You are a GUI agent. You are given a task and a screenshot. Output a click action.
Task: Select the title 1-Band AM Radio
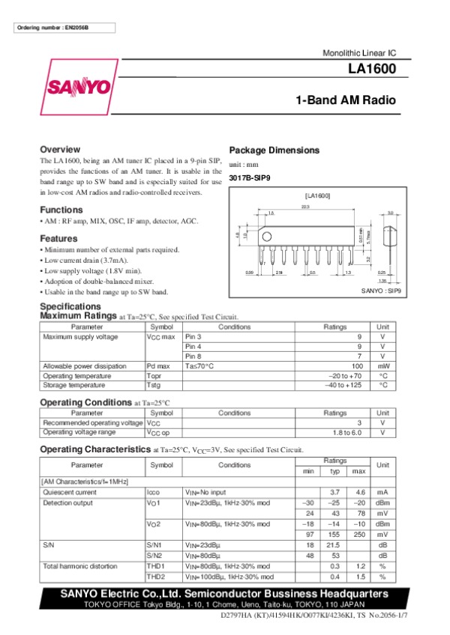[x=346, y=100]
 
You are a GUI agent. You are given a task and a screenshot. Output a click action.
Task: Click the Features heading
[x=59, y=238]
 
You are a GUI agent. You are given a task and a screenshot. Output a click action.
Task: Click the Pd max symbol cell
[x=158, y=365]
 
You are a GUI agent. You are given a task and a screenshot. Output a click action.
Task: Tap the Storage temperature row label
[x=73, y=385]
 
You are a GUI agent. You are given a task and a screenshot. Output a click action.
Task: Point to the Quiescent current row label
[x=70, y=492]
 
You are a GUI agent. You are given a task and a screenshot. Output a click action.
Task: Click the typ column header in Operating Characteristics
[x=334, y=470]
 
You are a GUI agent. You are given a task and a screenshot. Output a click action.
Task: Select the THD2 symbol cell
[x=156, y=577]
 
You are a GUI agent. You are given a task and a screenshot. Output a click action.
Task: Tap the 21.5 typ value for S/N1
[x=334, y=545]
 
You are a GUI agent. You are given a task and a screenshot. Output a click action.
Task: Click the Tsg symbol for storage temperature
[x=154, y=385]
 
